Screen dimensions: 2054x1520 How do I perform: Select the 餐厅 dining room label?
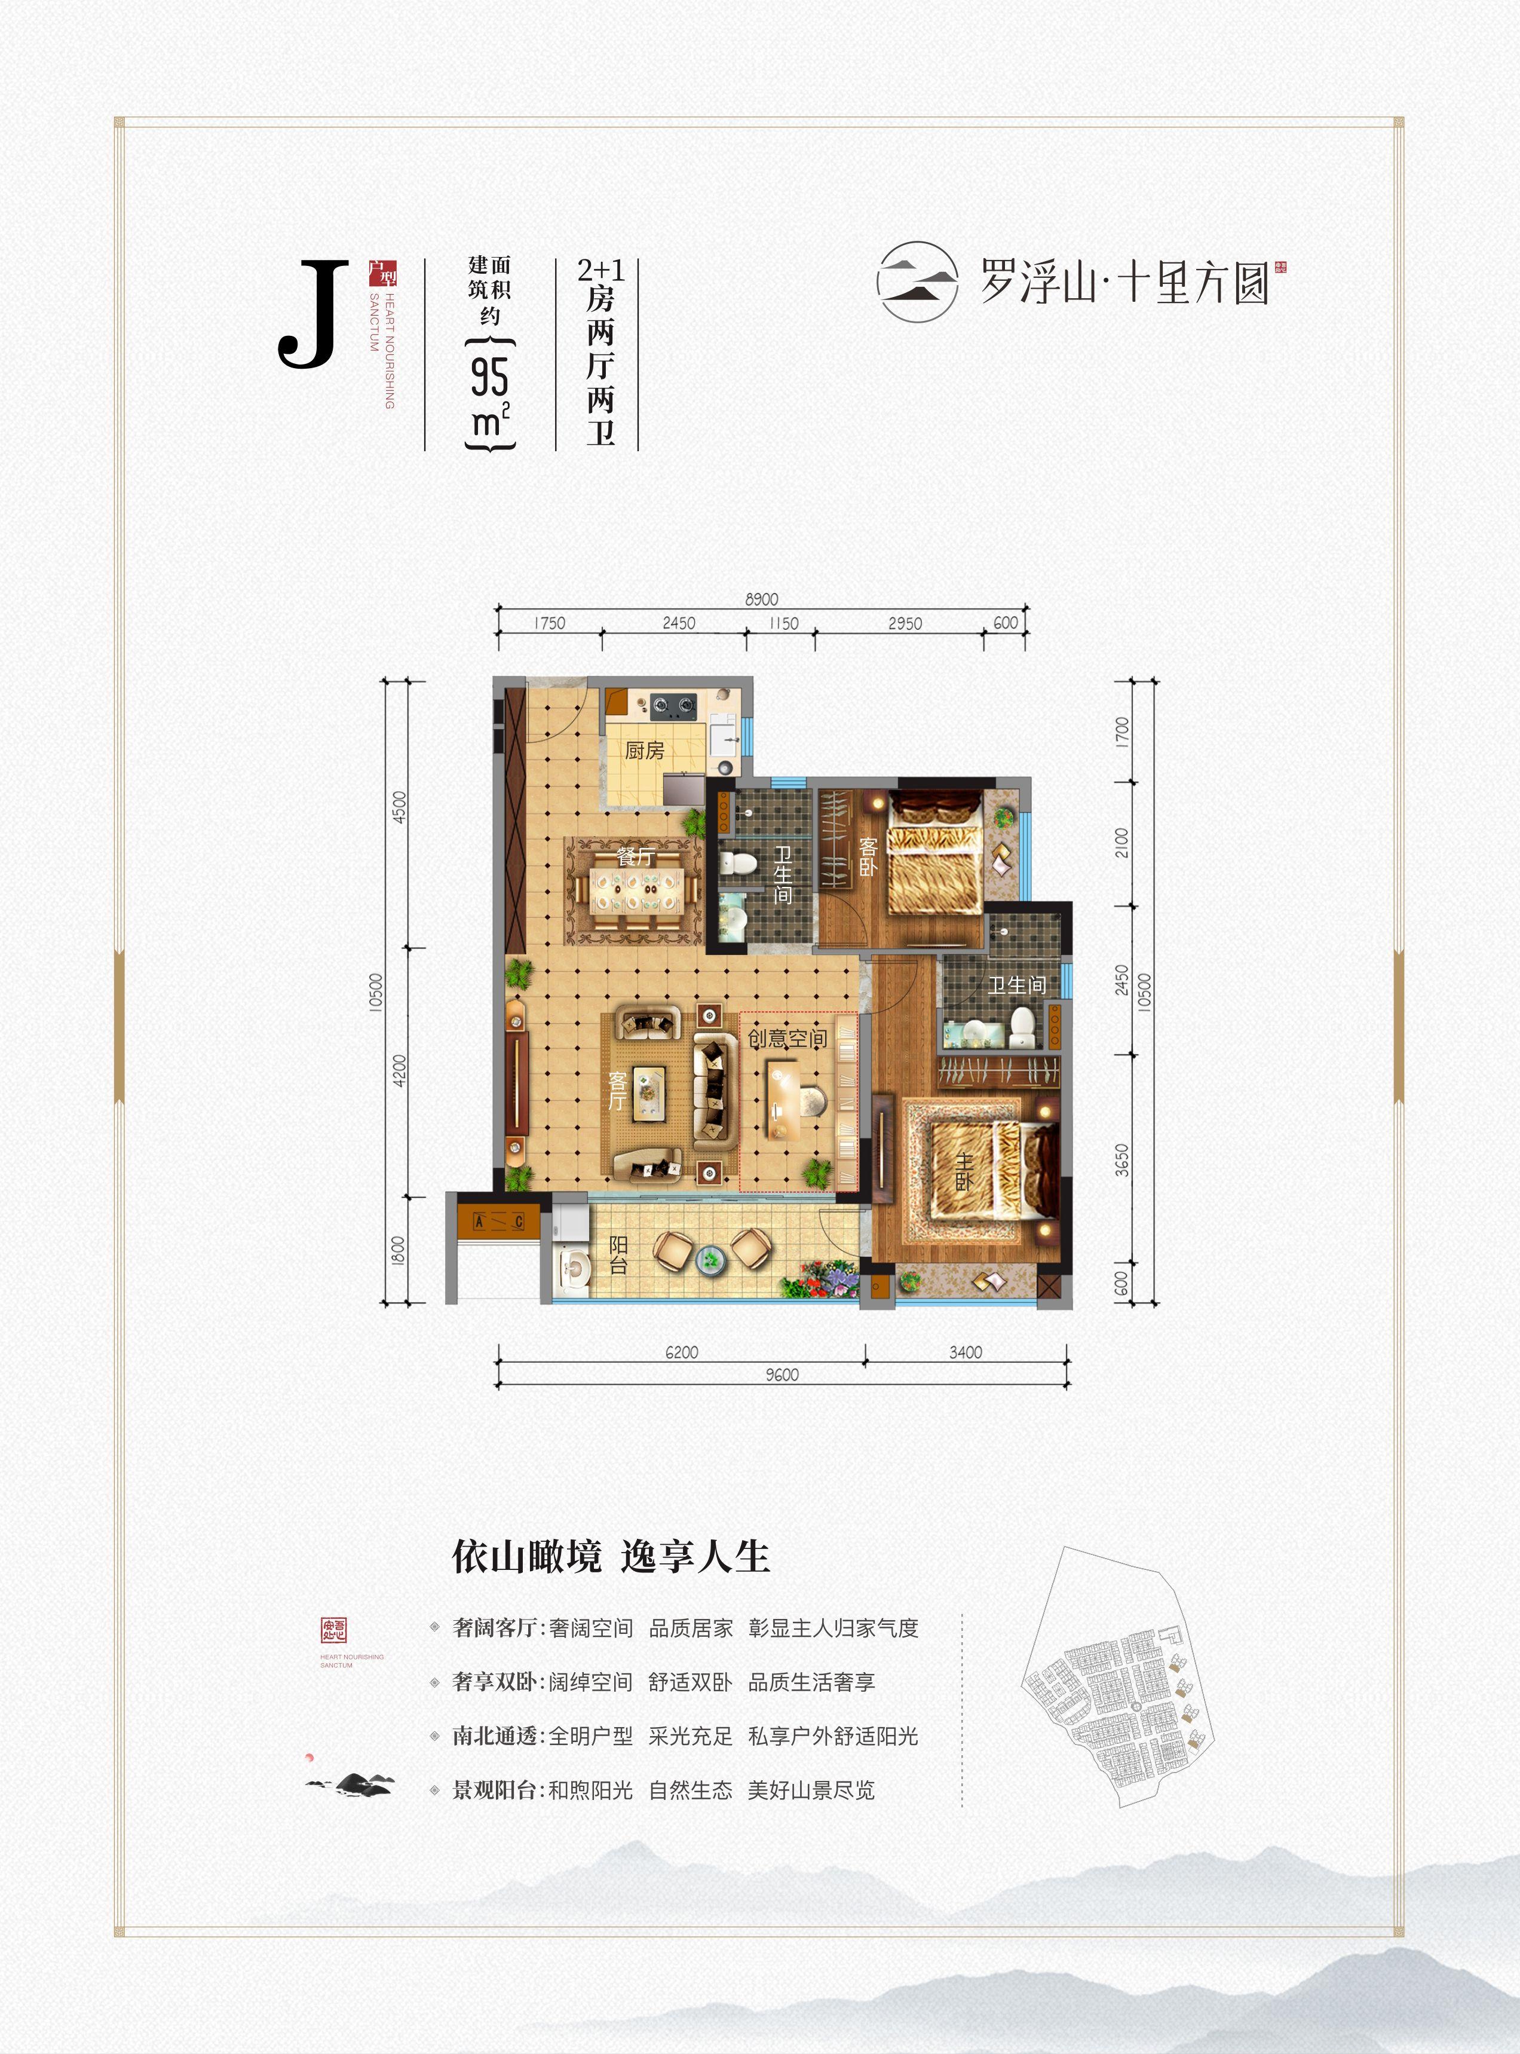[x=636, y=857]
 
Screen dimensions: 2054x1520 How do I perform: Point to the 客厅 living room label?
[x=617, y=1091]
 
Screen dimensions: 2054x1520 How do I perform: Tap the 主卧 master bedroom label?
[x=963, y=1171]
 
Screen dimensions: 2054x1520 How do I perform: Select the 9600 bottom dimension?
[x=782, y=1375]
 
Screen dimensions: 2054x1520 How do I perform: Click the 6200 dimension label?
[x=682, y=1352]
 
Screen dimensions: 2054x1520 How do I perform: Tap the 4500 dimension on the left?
[x=399, y=807]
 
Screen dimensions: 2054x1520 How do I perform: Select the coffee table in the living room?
[x=649, y=1093]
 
